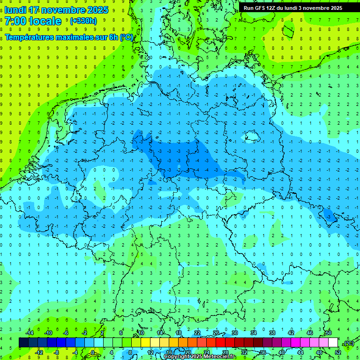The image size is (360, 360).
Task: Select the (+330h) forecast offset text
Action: pyautogui.click(x=83, y=21)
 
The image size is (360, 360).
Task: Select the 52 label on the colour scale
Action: pyautogui.click(x=337, y=352)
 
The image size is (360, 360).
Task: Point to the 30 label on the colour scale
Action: pyautogui.click(x=234, y=333)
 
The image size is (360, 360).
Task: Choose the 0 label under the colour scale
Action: pyautogui.click(x=93, y=352)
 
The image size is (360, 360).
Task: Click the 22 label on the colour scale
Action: pyautogui.click(x=197, y=333)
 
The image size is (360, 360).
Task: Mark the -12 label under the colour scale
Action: pyautogui.click(x=39, y=352)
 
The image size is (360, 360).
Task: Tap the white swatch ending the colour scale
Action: pyautogui.click(x=333, y=343)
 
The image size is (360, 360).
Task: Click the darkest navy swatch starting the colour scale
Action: pyautogui.click(x=23, y=343)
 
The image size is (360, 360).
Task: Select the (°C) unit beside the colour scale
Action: pyautogui.click(x=348, y=343)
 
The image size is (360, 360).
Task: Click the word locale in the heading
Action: pyautogui.click(x=45, y=21)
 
